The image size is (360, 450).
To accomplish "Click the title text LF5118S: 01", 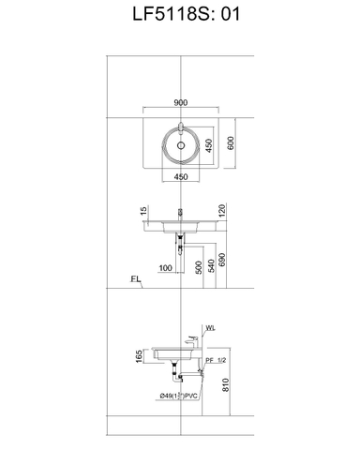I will point(179,15).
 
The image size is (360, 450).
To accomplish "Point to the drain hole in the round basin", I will point(180,146).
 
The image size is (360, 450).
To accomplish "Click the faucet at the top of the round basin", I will point(180,126).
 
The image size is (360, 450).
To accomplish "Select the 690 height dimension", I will point(222,260).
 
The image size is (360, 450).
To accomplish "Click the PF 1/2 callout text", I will point(217,361).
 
